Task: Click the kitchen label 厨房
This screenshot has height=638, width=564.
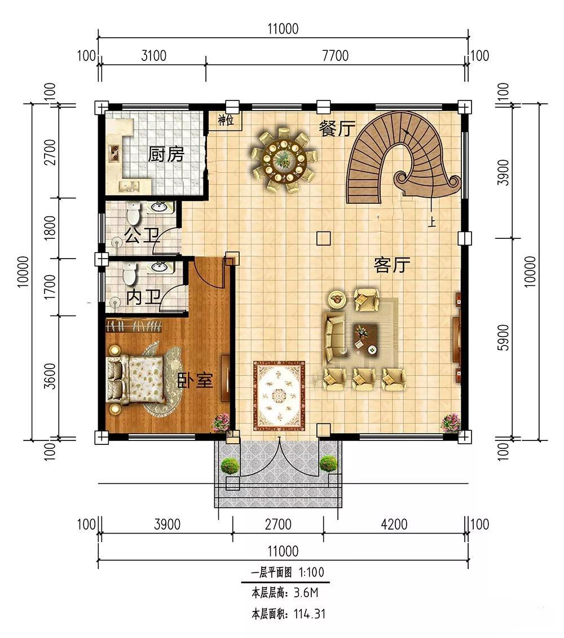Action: point(166,154)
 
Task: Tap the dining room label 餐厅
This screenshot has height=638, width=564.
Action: point(337,129)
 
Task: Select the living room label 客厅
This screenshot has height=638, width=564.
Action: point(392,265)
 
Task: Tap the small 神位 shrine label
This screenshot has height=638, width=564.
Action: point(226,120)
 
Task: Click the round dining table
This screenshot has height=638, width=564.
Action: point(284,159)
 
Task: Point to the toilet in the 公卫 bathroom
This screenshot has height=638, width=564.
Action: point(133,213)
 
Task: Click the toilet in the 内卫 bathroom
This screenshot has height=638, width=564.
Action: point(129,273)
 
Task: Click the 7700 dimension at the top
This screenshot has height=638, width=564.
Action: point(335,55)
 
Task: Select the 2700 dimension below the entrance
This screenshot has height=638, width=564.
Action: point(278,524)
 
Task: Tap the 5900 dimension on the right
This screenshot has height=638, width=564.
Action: point(503,338)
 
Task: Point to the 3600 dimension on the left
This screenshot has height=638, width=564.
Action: point(50,376)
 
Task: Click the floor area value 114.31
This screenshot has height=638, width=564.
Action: point(310,614)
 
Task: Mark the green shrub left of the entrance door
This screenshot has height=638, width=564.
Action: point(230,466)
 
